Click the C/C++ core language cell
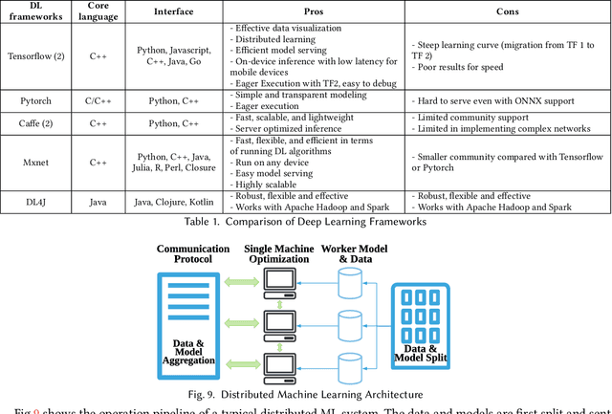(98, 99)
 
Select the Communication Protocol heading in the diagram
(193, 254)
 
